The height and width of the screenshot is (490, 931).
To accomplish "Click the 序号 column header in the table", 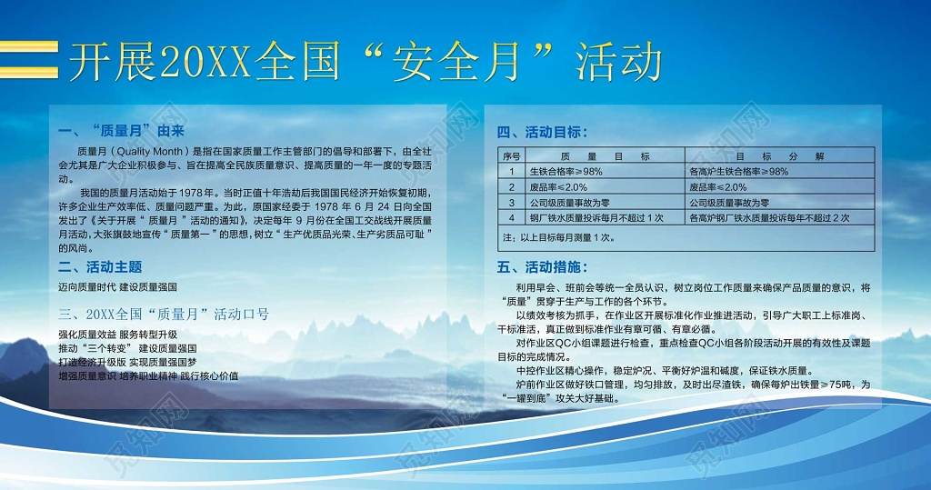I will point(512,156).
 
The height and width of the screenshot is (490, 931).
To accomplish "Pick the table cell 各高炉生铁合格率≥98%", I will point(738,172).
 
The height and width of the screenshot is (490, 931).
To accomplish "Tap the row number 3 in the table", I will point(512,203).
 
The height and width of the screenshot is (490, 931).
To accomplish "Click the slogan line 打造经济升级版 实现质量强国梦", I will point(130,362).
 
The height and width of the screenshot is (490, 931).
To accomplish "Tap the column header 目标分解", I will point(779,156).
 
